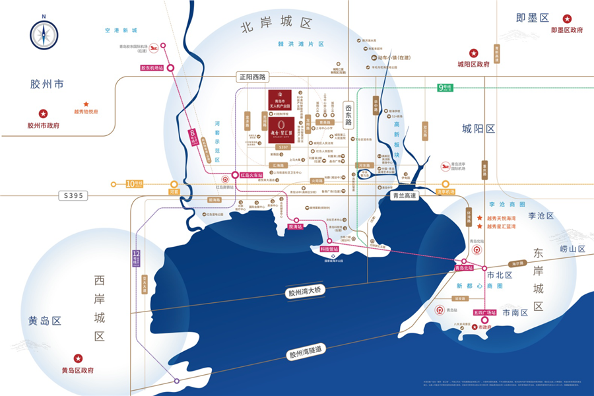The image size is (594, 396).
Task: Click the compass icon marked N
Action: (x=44, y=34)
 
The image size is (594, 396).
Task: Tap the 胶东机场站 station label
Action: (x=151, y=67)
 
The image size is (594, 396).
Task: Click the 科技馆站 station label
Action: (x=329, y=249)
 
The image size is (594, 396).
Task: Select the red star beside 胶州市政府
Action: (x=44, y=114)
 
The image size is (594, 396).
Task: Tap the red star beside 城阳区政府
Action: (x=473, y=53)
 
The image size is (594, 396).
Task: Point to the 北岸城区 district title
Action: (x=276, y=28)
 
